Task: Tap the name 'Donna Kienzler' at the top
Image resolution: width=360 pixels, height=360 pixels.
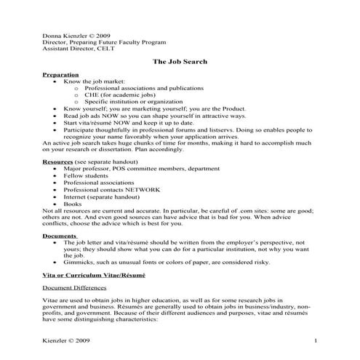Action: [x=65, y=35]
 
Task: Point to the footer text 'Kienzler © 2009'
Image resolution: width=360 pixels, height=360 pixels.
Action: [x=68, y=340]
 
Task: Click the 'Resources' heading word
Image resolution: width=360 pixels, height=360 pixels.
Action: [x=58, y=161]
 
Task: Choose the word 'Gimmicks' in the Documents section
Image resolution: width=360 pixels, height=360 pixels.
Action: [x=77, y=263]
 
